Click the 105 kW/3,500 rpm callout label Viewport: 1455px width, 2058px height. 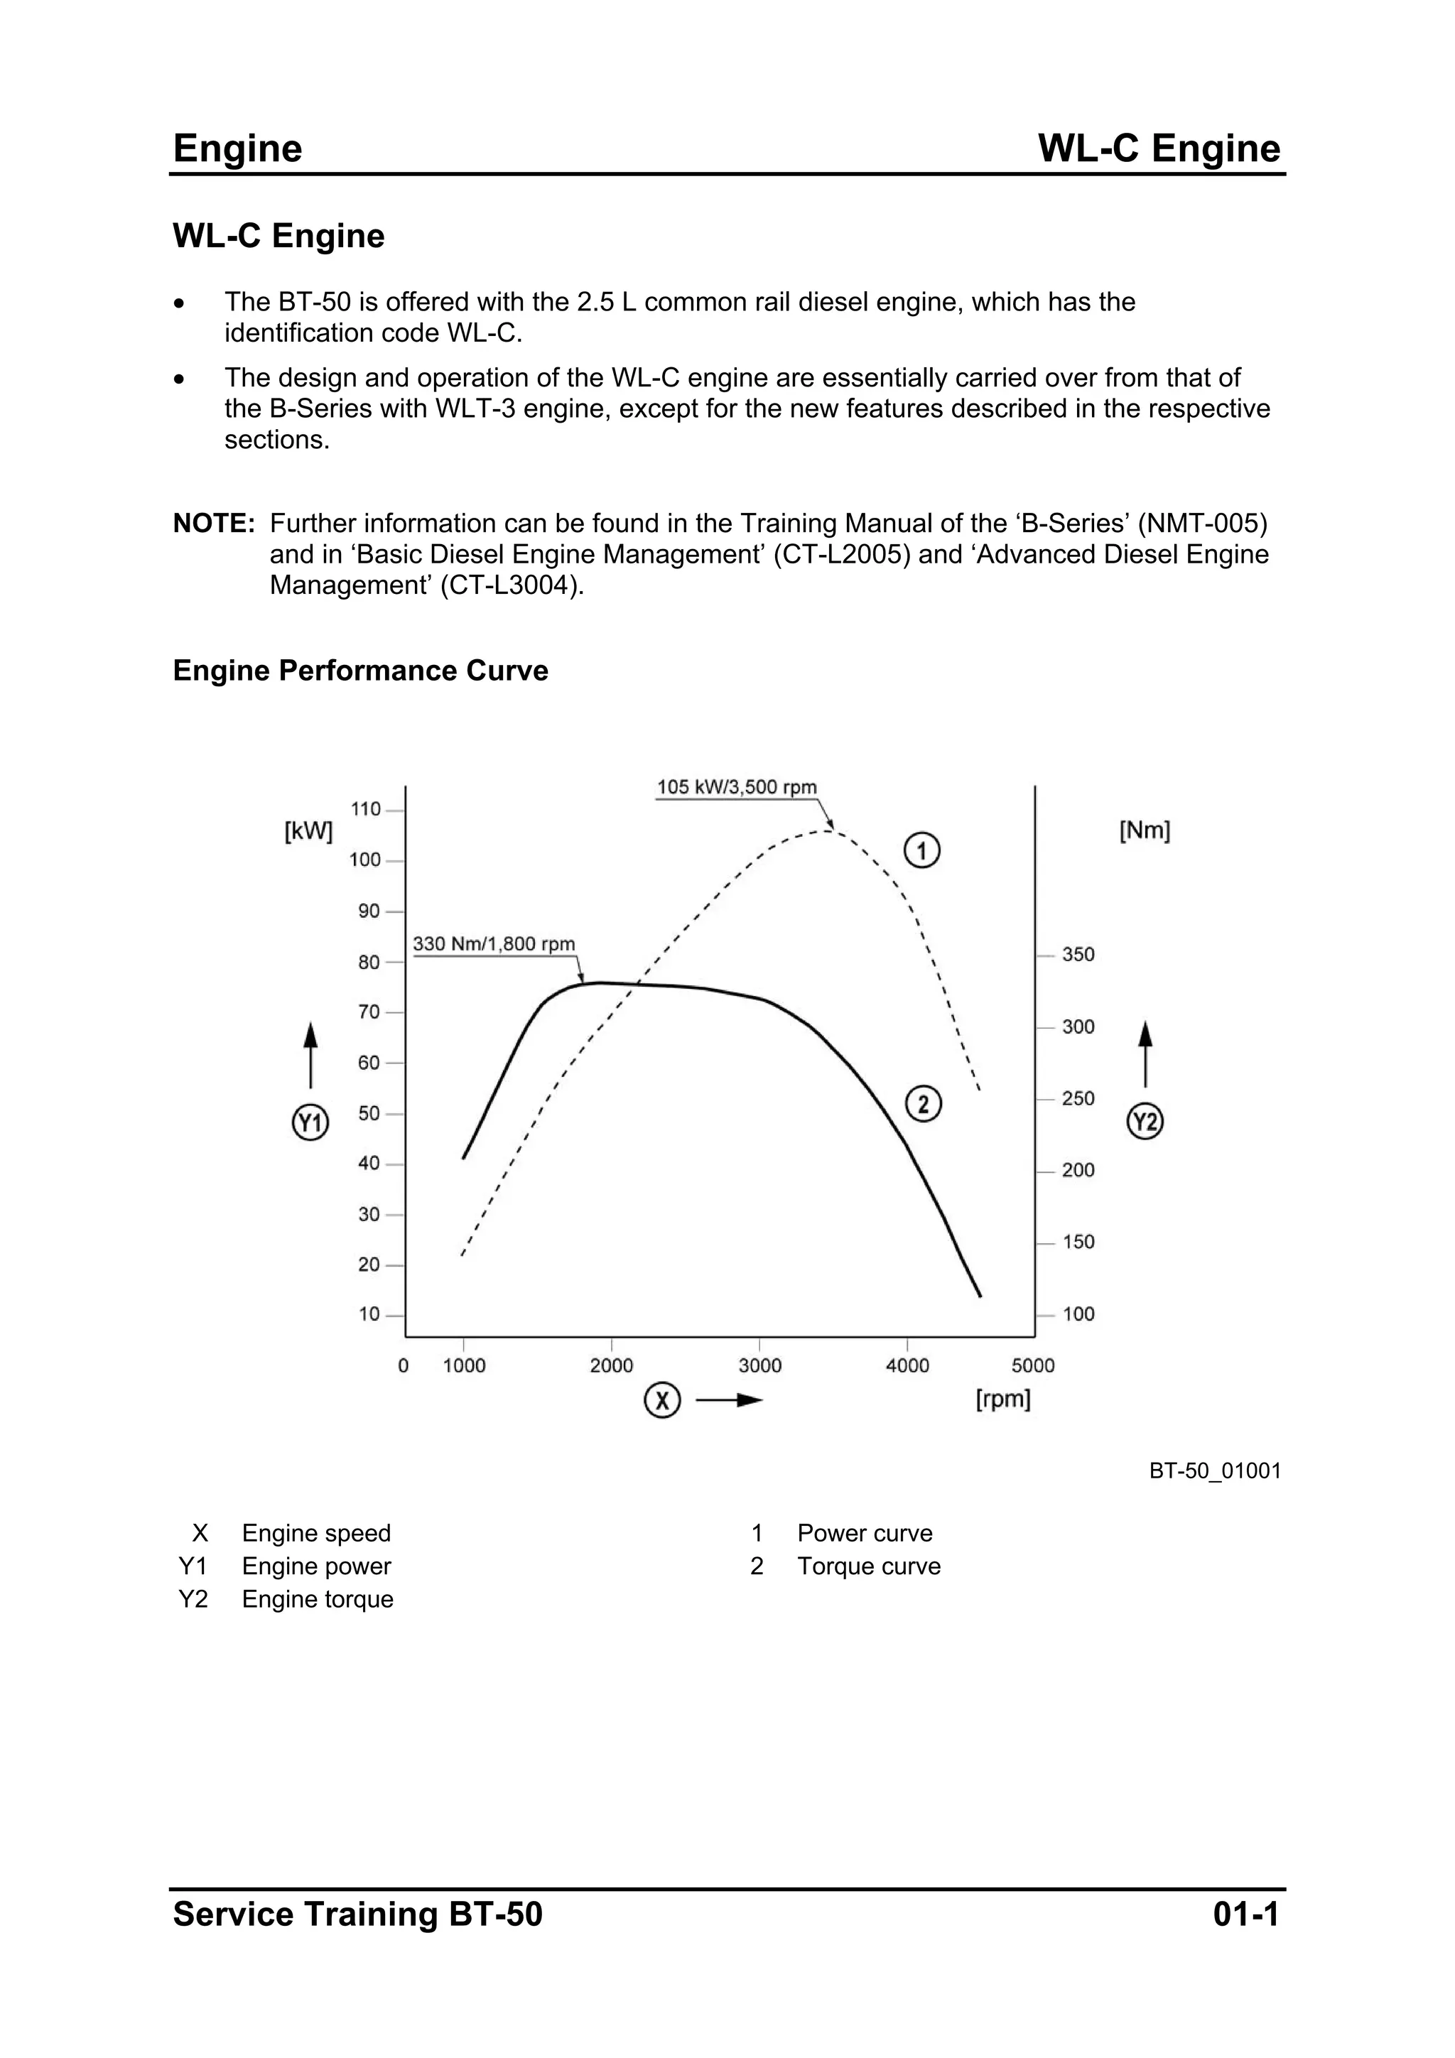click(x=737, y=787)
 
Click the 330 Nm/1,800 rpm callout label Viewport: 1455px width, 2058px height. click(x=494, y=944)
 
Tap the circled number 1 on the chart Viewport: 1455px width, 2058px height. click(x=921, y=850)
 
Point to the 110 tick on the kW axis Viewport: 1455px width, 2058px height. click(x=366, y=809)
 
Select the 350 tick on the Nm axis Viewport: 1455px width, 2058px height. click(x=1078, y=955)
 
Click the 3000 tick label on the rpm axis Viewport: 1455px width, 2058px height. click(x=759, y=1365)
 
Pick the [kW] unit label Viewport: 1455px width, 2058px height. click(x=308, y=832)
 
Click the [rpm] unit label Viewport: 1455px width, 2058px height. click(x=1002, y=1399)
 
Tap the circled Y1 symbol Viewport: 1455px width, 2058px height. click(x=310, y=1122)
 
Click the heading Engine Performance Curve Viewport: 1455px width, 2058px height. click(x=360, y=671)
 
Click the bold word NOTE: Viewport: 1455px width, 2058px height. click(x=215, y=524)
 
